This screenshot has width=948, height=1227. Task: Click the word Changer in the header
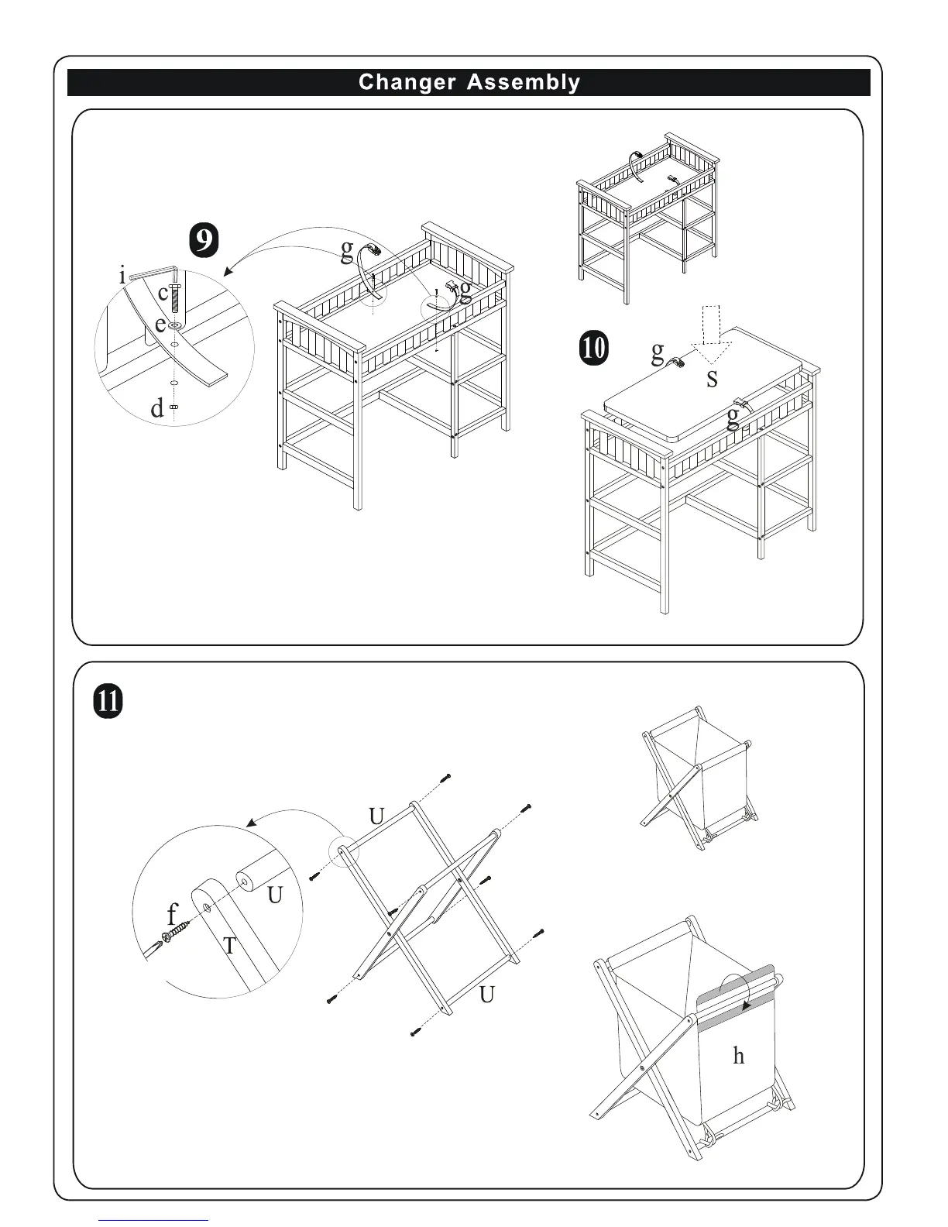pos(407,82)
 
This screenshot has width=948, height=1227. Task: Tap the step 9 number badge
pos(203,241)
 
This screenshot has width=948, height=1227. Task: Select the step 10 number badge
pos(593,348)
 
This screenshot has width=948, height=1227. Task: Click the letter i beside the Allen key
pos(122,275)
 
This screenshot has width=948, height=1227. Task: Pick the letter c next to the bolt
pos(163,294)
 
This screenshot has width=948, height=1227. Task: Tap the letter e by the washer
pos(160,325)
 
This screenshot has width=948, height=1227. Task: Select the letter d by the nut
pos(157,408)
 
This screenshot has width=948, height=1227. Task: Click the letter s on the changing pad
pos(712,379)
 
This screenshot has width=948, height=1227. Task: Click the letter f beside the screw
pos(172,915)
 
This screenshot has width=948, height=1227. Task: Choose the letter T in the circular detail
pos(229,945)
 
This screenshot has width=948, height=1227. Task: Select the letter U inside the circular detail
pos(275,895)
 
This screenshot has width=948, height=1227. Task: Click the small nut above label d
pos(174,407)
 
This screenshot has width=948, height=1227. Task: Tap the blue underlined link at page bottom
pos(154,1220)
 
